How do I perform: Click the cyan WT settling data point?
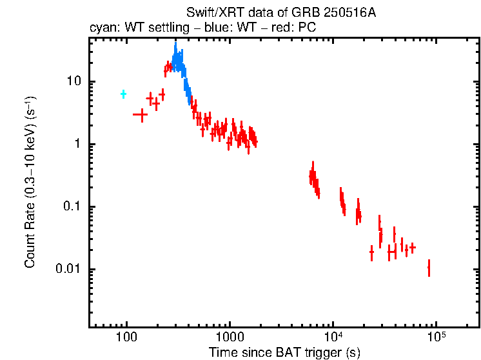pyautogui.click(x=123, y=94)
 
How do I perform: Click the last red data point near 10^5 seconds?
pyautogui.click(x=429, y=268)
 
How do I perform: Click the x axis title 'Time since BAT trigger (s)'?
pyautogui.click(x=284, y=352)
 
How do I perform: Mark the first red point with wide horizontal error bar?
pyautogui.click(x=141, y=114)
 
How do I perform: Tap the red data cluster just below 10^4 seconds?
pyautogui.click(x=314, y=180)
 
